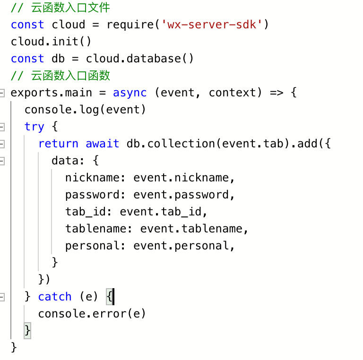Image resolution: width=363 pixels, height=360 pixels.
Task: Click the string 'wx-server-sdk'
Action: [x=212, y=25]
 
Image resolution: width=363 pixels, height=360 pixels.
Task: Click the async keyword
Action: [x=130, y=93]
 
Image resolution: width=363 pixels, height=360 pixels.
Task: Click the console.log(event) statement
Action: [x=86, y=110]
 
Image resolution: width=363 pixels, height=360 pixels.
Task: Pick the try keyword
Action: [x=35, y=127]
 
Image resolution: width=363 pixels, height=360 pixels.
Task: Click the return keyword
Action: [x=58, y=144]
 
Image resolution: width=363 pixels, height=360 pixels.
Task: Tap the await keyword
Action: [x=103, y=144]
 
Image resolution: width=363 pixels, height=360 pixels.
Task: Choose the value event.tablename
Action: [x=191, y=229]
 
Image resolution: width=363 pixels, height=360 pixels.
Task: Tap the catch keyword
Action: [x=55, y=297]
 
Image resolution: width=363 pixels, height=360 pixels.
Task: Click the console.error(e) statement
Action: [x=92, y=314]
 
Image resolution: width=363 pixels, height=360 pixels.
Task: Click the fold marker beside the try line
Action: [x=2, y=127]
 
